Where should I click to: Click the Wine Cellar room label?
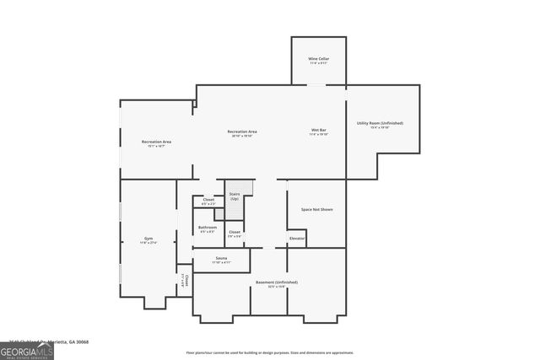pyautogui.click(x=318, y=59)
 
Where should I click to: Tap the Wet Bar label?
pyautogui.click(x=318, y=131)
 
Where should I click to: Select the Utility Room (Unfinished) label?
pyautogui.click(x=380, y=123)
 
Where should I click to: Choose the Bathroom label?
pyautogui.click(x=208, y=228)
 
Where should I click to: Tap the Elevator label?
pyautogui.click(x=296, y=239)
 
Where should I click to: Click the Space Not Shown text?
pyautogui.click(x=316, y=208)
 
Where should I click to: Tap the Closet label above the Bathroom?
pyautogui.click(x=208, y=200)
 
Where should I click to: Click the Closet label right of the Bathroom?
pyautogui.click(x=235, y=233)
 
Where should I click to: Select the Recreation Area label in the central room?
pyautogui.click(x=242, y=132)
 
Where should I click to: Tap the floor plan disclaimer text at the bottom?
pyautogui.click(x=270, y=352)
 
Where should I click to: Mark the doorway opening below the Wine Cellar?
pyautogui.click(x=316, y=84)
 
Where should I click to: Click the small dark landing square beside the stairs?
pyautogui.click(x=219, y=214)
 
